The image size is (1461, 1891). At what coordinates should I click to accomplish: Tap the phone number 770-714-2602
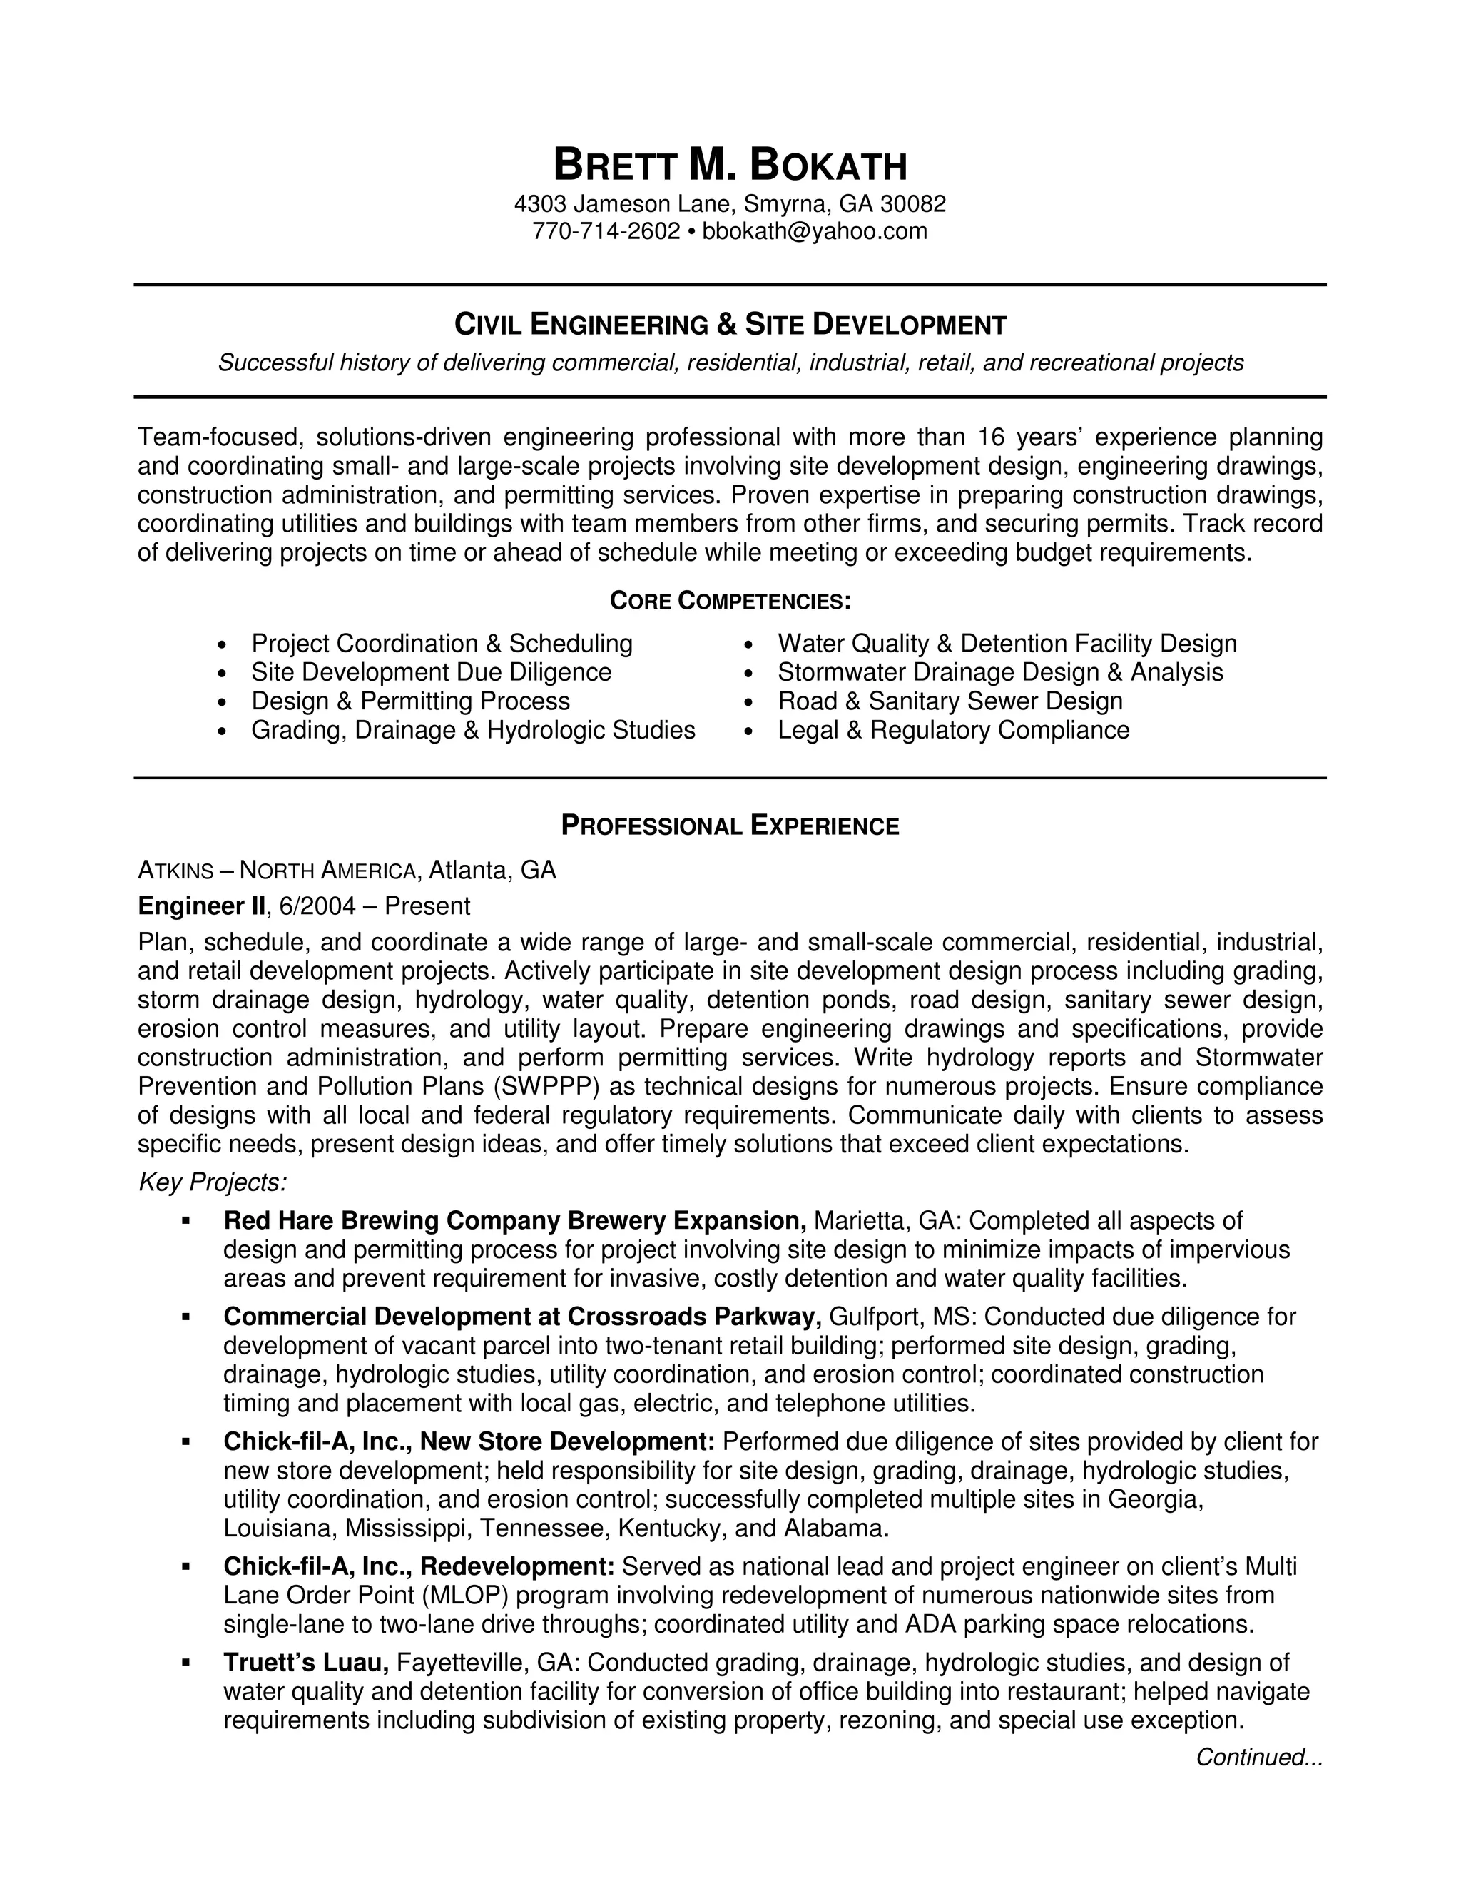606,231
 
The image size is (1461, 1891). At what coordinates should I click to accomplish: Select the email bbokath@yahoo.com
815,231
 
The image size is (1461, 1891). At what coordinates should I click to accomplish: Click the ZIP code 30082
913,203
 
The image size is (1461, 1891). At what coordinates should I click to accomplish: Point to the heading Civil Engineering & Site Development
730,325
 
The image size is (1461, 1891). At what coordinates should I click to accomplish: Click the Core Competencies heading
730,600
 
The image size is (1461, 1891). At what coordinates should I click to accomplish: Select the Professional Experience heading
730,826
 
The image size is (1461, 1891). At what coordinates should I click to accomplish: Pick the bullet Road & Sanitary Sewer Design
950,701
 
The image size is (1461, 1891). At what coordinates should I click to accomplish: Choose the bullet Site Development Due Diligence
431,672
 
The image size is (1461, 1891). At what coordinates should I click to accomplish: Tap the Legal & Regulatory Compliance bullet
953,730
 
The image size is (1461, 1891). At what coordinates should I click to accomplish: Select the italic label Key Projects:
212,1182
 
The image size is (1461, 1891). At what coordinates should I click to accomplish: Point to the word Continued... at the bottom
1259,1757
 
